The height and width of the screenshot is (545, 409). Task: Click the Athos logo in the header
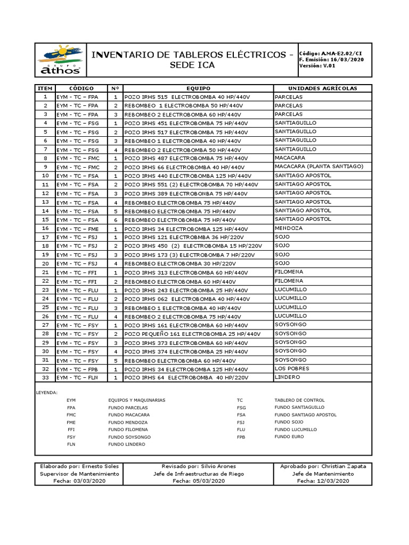coord(59,60)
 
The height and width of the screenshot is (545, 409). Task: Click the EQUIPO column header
coord(198,88)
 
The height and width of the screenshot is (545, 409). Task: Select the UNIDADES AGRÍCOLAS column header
coord(322,88)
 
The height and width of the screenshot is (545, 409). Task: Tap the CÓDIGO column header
coord(81,88)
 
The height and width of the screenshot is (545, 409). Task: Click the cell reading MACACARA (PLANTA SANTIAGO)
coord(318,167)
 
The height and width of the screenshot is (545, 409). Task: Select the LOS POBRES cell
coord(291,368)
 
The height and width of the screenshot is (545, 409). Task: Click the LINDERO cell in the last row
coord(287,377)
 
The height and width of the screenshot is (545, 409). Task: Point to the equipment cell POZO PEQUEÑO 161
coord(192,334)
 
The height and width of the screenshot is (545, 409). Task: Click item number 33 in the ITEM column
coord(45,377)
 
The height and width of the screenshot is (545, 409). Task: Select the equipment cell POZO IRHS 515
coord(186,97)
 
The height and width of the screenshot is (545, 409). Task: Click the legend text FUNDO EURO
coord(289,436)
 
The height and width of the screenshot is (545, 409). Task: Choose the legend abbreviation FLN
coord(71,444)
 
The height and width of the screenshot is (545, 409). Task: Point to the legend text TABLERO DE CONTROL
coord(299,400)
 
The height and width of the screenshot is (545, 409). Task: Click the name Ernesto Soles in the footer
coord(94,466)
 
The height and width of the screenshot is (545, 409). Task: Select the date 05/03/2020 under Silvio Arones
coord(207,481)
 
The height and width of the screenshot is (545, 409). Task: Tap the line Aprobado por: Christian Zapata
coord(323,466)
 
